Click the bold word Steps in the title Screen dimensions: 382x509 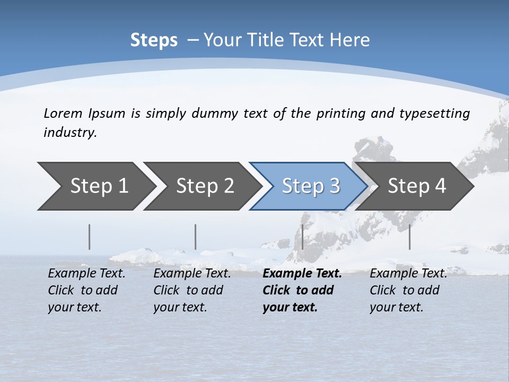154,40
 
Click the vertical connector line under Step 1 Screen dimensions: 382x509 90,237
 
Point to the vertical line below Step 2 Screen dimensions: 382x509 196,237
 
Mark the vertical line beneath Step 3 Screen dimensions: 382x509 302,237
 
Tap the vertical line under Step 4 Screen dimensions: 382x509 409,237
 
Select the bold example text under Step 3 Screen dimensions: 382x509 301,290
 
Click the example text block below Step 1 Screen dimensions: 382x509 86,290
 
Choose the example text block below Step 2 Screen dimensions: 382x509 192,290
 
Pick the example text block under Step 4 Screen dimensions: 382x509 408,290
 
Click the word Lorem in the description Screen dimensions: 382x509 63,113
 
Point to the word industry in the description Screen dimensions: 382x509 70,133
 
